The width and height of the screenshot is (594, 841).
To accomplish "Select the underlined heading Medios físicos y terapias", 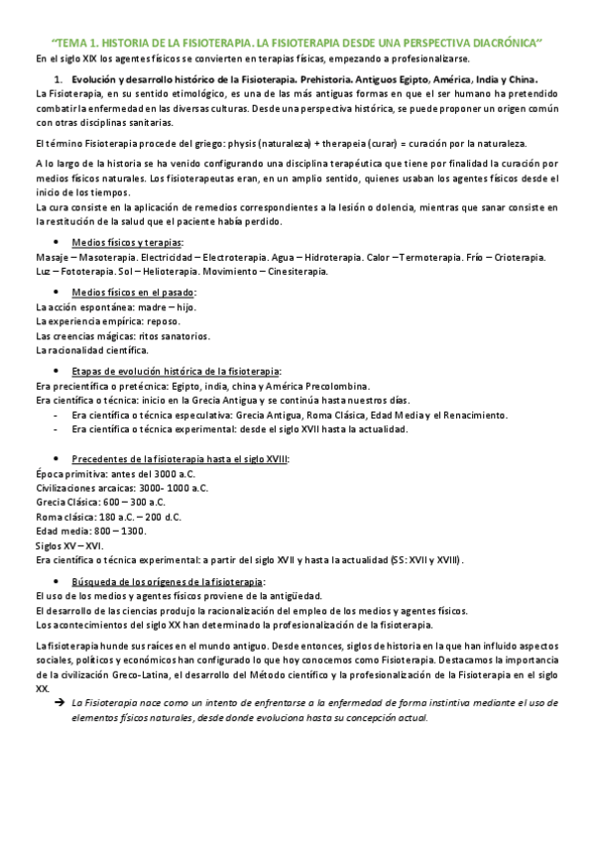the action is [x=128, y=242].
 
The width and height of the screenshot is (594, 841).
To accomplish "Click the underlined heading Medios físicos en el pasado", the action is [x=134, y=292].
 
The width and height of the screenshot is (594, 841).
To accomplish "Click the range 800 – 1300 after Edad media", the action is [x=119, y=531].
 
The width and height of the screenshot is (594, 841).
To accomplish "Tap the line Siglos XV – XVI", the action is [x=69, y=545].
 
